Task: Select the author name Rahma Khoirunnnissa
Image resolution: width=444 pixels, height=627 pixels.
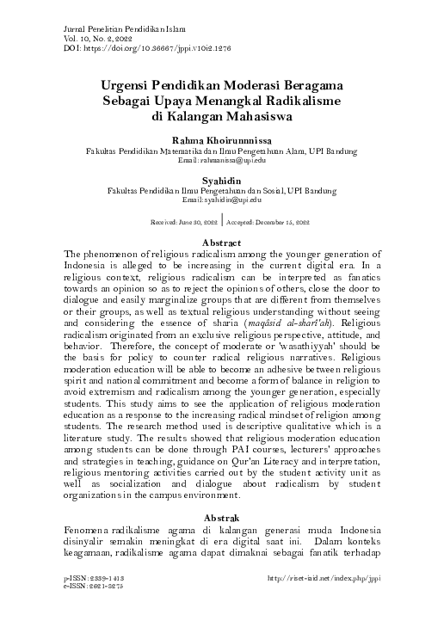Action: pyautogui.click(x=221, y=139)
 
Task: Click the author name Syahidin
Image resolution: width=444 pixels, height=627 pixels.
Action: pyautogui.click(x=222, y=180)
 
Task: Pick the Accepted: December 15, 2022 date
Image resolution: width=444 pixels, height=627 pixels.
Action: pyautogui.click(x=261, y=220)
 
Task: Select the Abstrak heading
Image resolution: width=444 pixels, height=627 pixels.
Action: pyautogui.click(x=221, y=519)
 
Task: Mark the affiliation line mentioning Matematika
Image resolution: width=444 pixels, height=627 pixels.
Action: pyautogui.click(x=222, y=151)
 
